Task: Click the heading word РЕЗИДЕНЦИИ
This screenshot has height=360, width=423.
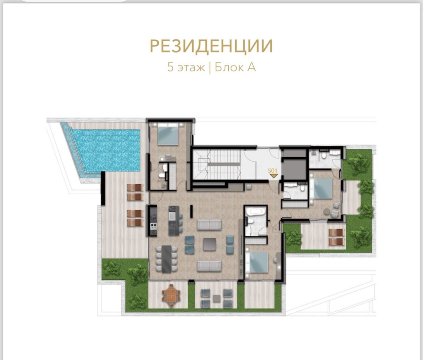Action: pyautogui.click(x=211, y=46)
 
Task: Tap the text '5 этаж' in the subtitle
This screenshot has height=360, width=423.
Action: pyautogui.click(x=186, y=67)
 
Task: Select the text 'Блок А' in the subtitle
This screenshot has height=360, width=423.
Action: pyautogui.click(x=235, y=67)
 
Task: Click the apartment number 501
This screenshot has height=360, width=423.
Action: pyautogui.click(x=272, y=170)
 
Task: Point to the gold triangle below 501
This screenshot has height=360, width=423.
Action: pyautogui.click(x=273, y=176)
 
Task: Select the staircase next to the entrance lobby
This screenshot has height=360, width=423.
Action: pyautogui.click(x=218, y=164)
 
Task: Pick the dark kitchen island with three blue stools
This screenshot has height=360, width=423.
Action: pyautogui.click(x=173, y=220)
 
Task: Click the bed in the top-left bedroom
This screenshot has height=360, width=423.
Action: pyautogui.click(x=168, y=134)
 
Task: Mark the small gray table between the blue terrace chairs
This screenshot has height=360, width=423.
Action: pyautogui.click(x=216, y=298)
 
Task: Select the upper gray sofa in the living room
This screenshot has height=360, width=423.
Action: pyautogui.click(x=209, y=225)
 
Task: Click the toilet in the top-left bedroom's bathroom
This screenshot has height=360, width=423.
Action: pyautogui.click(x=161, y=176)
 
